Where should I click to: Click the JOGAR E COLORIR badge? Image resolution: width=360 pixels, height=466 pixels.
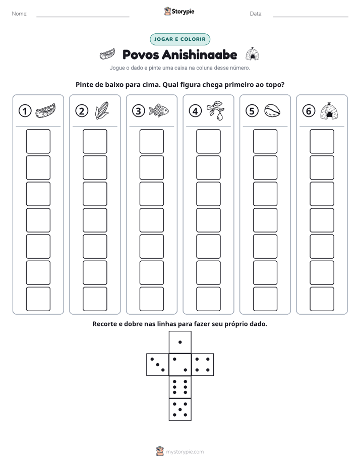[179, 39]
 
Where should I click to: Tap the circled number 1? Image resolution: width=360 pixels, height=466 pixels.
[25, 111]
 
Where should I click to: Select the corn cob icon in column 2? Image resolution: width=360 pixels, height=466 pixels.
[102, 110]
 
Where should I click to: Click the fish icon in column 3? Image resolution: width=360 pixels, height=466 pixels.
[159, 110]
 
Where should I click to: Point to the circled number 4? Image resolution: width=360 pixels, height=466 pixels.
[195, 111]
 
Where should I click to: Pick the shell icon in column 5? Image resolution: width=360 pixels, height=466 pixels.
[272, 110]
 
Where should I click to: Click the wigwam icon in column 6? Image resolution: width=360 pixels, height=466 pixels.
[329, 111]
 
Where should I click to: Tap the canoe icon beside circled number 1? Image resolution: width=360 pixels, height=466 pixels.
[45, 110]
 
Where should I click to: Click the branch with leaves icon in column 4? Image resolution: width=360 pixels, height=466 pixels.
[216, 110]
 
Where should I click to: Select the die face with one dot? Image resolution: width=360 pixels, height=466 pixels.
[180, 342]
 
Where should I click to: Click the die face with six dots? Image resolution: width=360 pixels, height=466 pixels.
[180, 387]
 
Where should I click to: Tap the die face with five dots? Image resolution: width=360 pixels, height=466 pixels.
[180, 410]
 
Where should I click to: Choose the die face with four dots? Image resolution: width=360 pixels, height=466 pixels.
[203, 365]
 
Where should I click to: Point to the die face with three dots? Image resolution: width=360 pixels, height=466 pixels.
[157, 365]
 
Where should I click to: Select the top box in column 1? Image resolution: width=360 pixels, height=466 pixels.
[38, 141]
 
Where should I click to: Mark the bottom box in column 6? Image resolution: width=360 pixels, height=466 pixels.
[322, 299]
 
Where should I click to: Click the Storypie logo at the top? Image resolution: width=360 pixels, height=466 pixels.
[179, 11]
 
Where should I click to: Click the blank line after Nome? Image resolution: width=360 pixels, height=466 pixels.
[83, 17]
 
